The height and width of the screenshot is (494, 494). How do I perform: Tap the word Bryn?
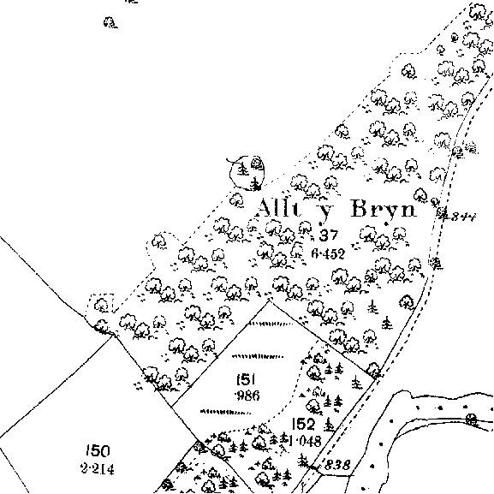click(x=384, y=209)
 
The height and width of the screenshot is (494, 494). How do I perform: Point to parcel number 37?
click(x=329, y=235)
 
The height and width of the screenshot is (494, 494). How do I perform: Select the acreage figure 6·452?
click(x=328, y=253)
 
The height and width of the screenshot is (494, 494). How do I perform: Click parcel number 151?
click(x=246, y=379)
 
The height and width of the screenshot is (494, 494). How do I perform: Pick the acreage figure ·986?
click(x=247, y=395)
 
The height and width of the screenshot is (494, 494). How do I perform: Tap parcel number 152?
click(x=303, y=424)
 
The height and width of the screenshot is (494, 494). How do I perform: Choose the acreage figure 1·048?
click(x=305, y=441)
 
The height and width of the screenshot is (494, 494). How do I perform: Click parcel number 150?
click(x=98, y=451)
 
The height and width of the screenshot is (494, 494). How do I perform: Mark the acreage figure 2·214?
click(x=98, y=469)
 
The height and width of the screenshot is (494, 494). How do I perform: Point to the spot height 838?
click(x=336, y=465)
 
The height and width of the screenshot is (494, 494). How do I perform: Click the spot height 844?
click(x=463, y=217)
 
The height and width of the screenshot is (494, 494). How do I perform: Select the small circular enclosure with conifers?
click(x=247, y=172)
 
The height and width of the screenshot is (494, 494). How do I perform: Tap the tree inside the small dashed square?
click(x=101, y=305)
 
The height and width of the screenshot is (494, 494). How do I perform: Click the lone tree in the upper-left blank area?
click(x=110, y=22)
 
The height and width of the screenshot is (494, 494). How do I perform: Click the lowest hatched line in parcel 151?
click(x=225, y=412)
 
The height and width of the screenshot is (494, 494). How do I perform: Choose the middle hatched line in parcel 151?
click(x=258, y=356)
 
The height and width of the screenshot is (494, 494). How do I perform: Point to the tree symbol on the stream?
click(x=472, y=420)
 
